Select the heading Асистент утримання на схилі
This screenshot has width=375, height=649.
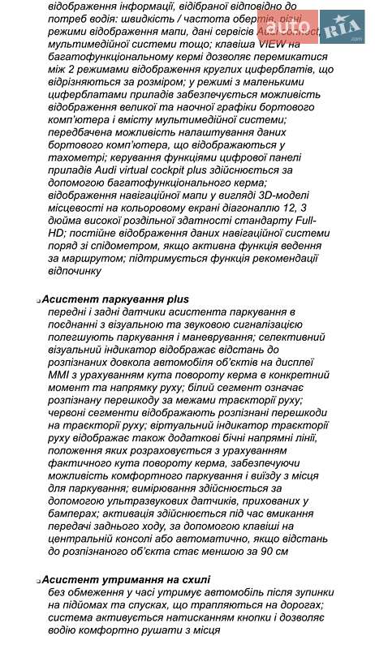pyautogui.click(x=126, y=580)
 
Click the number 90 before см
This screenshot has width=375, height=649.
pyautogui.click(x=256, y=551)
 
